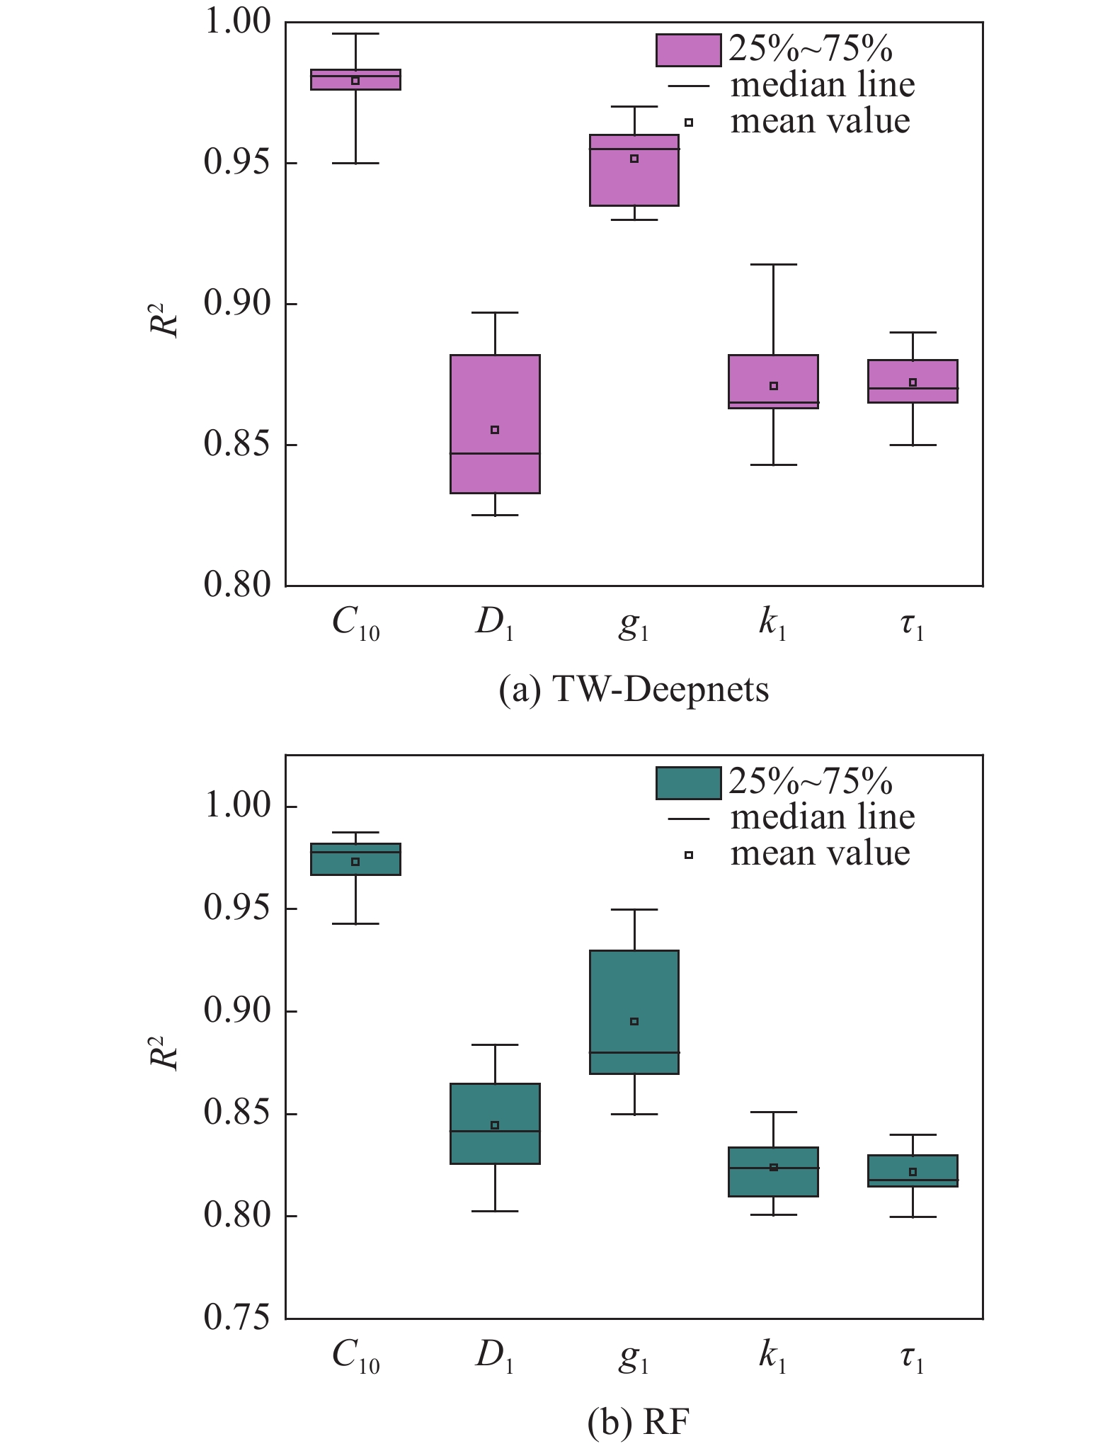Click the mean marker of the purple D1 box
(x=495, y=430)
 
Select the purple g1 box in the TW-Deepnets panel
(x=634, y=177)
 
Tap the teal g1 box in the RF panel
(x=634, y=991)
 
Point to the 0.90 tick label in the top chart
(x=237, y=304)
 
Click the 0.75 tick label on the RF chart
(x=237, y=1318)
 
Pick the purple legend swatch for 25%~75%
(x=688, y=50)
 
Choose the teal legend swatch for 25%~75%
(x=688, y=782)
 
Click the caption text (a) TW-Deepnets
(x=634, y=689)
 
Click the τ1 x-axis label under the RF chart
(x=913, y=1356)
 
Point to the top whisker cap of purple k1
(x=774, y=264)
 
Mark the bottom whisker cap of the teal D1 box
(x=495, y=1211)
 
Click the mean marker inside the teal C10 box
(x=355, y=862)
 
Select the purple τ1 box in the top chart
(x=913, y=381)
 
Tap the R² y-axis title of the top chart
(x=164, y=320)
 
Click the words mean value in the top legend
(x=820, y=121)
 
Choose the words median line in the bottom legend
(x=823, y=818)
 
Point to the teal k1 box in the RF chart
(x=774, y=1172)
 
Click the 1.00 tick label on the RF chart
(x=237, y=806)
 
